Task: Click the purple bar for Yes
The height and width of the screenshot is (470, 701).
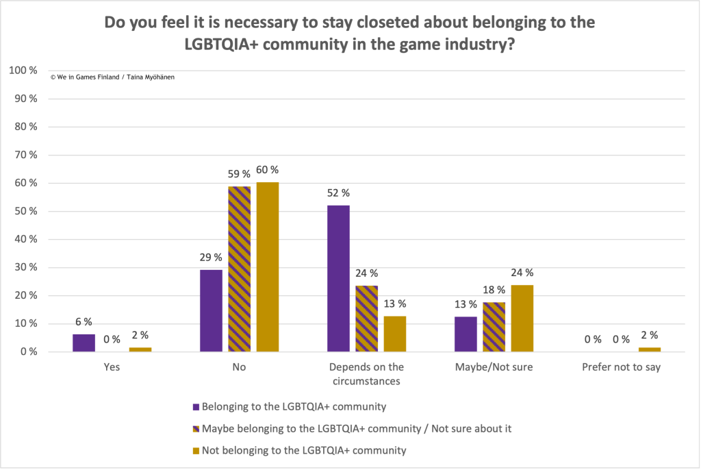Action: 84,343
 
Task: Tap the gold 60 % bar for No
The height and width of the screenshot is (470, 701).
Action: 267,267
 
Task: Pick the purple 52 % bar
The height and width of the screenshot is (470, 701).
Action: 338,278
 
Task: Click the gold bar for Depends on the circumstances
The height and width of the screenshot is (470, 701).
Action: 394,334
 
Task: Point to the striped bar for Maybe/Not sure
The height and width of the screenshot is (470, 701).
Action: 494,327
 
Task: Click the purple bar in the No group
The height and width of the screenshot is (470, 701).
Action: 211,310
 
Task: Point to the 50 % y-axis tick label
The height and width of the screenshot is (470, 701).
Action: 25,211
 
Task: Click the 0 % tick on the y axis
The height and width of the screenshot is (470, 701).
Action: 28,351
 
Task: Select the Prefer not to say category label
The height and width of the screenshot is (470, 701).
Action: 621,367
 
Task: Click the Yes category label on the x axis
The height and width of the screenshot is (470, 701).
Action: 112,367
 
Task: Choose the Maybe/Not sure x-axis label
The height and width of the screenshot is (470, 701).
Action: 494,367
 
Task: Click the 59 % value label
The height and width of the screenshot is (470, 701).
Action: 238,175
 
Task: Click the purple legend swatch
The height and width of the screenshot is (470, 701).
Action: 196,407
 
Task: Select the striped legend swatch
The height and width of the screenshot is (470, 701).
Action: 196,429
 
